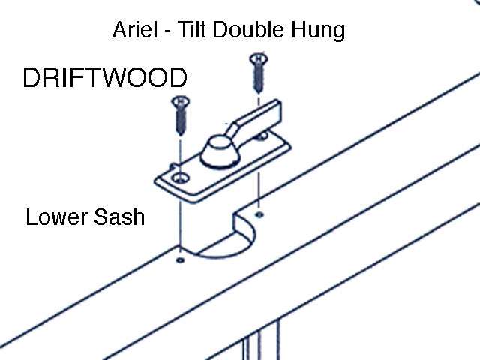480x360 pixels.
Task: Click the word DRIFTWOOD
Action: point(105,79)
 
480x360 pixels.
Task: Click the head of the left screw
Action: point(179,100)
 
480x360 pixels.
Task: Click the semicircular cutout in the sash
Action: point(225,244)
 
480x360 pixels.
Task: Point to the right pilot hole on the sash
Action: point(259,205)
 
